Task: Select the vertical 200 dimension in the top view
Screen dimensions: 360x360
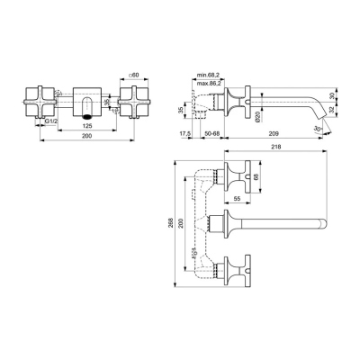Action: (184, 221)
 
